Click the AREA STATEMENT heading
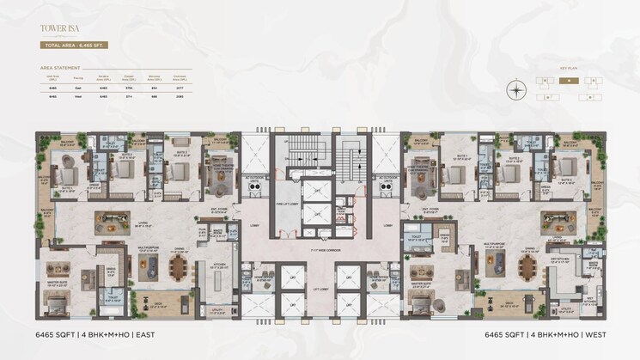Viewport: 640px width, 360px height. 61,66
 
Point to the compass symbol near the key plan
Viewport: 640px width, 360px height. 515,89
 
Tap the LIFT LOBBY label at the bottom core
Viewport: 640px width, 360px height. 320,290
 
